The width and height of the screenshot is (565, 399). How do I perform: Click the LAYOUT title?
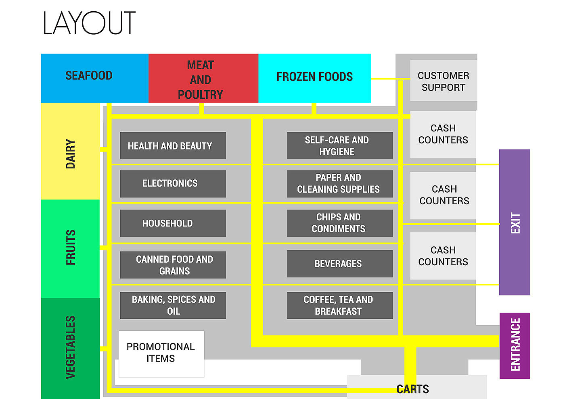[x=89, y=23]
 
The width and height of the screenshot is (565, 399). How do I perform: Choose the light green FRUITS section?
[x=70, y=248]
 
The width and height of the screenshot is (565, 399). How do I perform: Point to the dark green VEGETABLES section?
[x=70, y=347]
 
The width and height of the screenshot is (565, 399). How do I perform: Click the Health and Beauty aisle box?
[x=173, y=145]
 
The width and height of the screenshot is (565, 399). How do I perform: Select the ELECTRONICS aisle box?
[x=173, y=183]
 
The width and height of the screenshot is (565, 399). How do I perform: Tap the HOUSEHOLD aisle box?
[x=173, y=223]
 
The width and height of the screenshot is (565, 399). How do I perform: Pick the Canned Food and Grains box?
[x=173, y=265]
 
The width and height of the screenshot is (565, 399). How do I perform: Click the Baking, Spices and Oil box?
[x=173, y=305]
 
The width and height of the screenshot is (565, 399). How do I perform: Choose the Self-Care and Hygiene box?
[x=339, y=145]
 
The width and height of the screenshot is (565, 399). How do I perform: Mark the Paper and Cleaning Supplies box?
[x=339, y=183]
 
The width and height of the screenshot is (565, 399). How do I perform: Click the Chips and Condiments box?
[x=339, y=223]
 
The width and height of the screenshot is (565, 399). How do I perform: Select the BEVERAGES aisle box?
[x=339, y=264]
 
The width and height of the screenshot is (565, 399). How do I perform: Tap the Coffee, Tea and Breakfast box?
[x=339, y=305]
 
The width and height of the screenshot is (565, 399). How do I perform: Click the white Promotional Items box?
[x=161, y=353]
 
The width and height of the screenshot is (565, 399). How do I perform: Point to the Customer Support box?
[x=443, y=81]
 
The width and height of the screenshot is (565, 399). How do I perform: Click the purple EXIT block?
[x=514, y=222]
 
